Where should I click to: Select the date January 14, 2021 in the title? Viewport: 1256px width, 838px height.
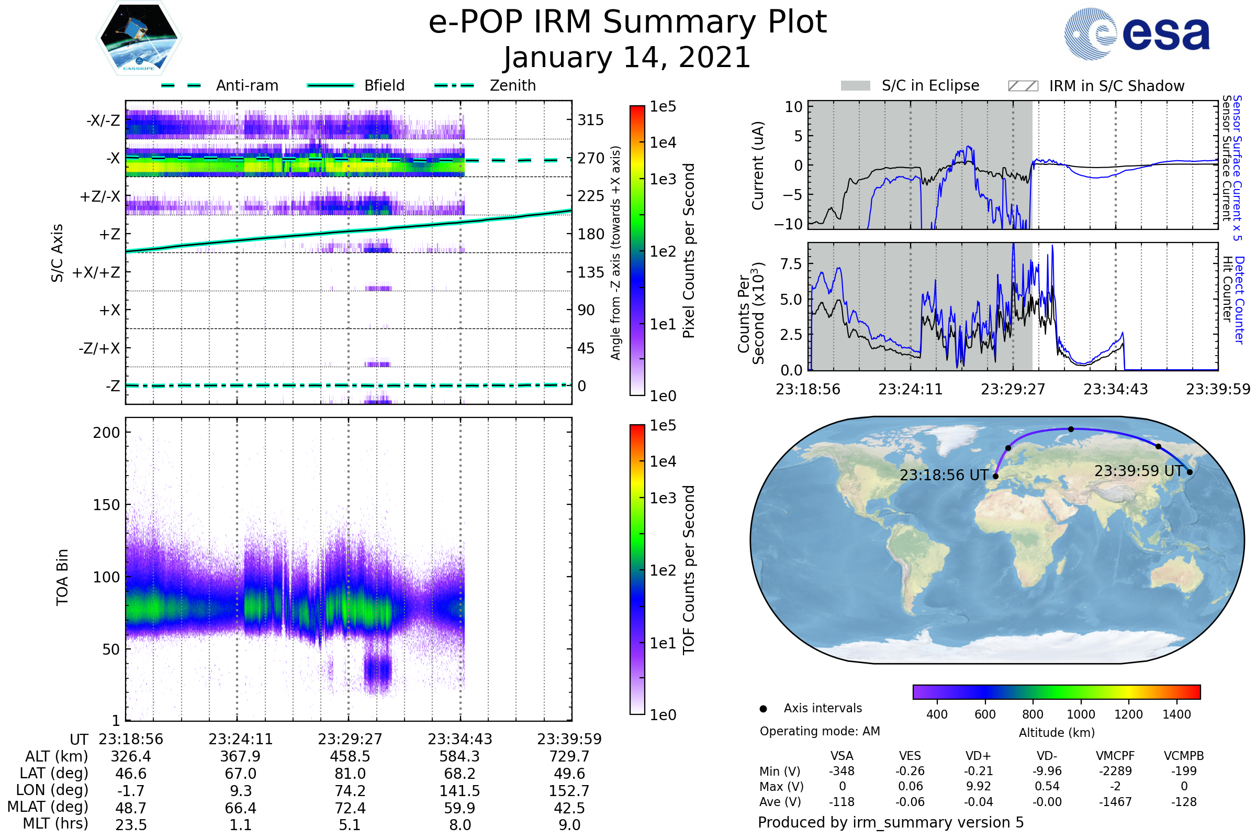(x=627, y=58)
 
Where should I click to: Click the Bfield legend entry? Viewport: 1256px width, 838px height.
(x=384, y=85)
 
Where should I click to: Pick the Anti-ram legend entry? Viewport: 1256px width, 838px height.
(x=246, y=85)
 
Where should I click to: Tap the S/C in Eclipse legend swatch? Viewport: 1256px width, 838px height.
(x=855, y=86)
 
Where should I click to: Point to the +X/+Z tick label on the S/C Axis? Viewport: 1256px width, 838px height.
(x=96, y=272)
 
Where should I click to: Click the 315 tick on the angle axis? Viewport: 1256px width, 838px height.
(x=590, y=120)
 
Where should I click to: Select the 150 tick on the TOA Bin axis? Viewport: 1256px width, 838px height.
(x=106, y=505)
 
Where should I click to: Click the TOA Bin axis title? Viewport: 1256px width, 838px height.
(x=62, y=577)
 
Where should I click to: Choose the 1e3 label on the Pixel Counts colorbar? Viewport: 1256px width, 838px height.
(x=663, y=180)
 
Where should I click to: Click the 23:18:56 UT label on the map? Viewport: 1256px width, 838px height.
(x=944, y=475)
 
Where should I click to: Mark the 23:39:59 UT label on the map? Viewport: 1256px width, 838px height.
(x=1138, y=471)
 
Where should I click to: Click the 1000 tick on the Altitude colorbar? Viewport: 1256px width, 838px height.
(x=1080, y=714)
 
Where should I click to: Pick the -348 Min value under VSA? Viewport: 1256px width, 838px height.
(x=842, y=771)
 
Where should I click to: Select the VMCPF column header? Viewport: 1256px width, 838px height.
(x=1115, y=756)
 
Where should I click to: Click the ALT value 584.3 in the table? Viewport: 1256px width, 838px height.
(x=459, y=757)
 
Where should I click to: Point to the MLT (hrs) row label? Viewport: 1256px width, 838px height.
(x=55, y=823)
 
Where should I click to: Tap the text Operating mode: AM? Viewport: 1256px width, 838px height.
(x=820, y=731)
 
